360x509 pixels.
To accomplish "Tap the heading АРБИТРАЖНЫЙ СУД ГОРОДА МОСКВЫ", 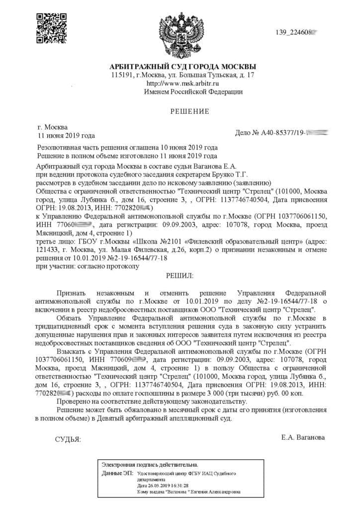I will (183, 67).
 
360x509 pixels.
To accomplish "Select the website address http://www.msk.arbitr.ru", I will (183, 83).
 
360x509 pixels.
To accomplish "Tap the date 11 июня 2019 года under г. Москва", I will (66, 135).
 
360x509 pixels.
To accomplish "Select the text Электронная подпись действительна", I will (150, 464).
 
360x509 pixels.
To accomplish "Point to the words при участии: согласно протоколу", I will (88, 266).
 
